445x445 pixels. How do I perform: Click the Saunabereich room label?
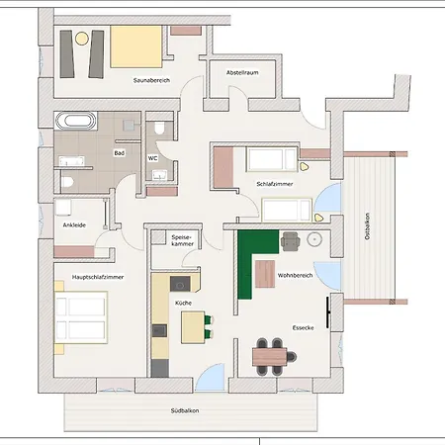(151, 80)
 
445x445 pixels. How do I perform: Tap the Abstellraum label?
(242, 72)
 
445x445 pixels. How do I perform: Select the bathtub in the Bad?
(76, 121)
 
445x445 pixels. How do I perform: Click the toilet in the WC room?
(159, 128)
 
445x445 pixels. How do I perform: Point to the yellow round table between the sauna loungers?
(82, 39)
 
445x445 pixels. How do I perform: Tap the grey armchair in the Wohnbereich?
(291, 241)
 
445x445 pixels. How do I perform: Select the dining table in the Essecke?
(270, 357)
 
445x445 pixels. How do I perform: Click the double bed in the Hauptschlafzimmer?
(81, 317)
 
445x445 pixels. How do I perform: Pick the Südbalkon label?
(185, 410)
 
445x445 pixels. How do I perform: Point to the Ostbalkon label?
(367, 225)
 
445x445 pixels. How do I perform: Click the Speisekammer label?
(182, 240)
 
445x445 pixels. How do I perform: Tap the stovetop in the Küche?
(180, 284)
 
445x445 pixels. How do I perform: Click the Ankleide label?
(74, 225)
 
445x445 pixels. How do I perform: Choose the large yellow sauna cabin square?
(136, 46)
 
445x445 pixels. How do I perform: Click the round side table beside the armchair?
(314, 239)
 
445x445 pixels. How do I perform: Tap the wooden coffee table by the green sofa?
(265, 274)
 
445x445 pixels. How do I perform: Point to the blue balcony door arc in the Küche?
(210, 377)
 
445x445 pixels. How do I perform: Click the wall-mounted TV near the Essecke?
(328, 312)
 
